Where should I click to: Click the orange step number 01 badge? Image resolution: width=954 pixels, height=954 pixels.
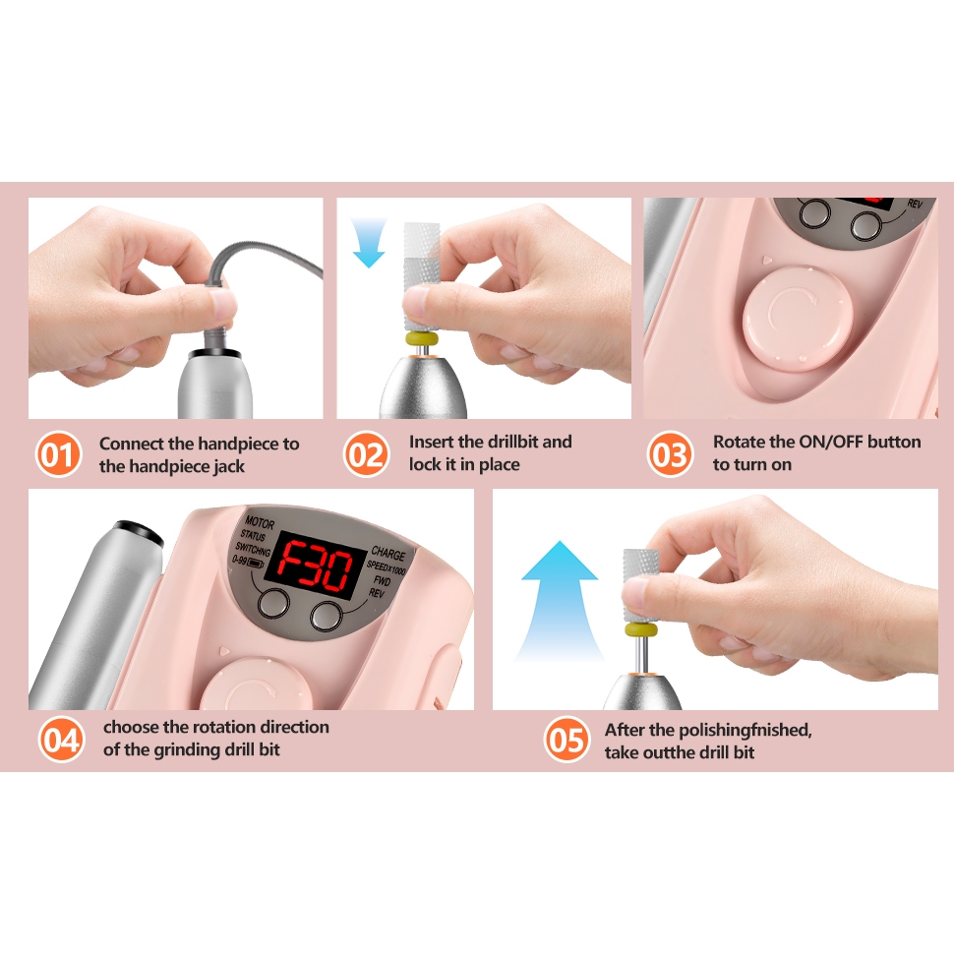(58, 453)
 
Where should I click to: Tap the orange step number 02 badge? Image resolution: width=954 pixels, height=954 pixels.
(366, 453)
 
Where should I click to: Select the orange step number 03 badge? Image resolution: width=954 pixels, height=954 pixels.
(670, 453)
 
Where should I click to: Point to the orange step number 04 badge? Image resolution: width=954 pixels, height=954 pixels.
(61, 740)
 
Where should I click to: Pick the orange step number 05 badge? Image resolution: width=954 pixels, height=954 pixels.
(566, 740)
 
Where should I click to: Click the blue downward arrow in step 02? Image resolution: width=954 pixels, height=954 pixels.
(369, 243)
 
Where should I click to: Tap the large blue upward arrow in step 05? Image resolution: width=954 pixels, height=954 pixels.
(560, 599)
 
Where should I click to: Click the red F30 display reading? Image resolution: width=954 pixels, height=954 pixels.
(314, 566)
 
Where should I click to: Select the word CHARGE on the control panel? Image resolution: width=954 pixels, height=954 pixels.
(388, 554)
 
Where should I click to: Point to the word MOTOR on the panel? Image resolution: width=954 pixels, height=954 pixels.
(260, 522)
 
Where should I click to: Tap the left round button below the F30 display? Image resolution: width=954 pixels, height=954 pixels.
(273, 603)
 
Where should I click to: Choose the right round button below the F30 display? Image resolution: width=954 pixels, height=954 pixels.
(327, 616)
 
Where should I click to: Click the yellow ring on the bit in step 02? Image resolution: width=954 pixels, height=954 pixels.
(422, 338)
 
